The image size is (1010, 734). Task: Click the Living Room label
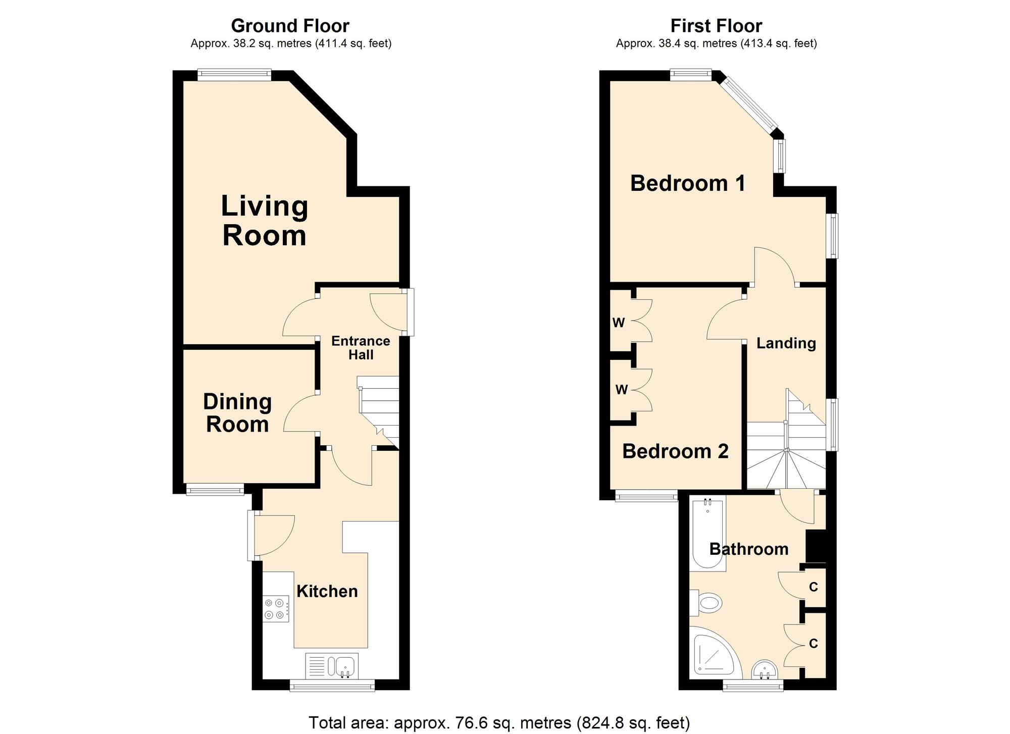tap(265, 221)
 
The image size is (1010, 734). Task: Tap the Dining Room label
tap(237, 413)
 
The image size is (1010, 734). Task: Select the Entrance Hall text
tap(361, 348)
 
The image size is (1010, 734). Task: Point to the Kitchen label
tap(327, 591)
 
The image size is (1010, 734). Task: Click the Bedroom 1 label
tap(688, 183)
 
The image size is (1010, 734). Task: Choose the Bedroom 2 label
tap(675, 451)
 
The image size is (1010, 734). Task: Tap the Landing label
tap(786, 343)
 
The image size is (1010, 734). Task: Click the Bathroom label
tap(749, 549)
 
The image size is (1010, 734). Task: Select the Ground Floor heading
tap(290, 26)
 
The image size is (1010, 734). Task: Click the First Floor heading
tap(716, 26)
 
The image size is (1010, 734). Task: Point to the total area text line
tap(499, 722)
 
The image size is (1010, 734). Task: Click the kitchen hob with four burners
tap(276, 609)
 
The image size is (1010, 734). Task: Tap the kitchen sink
tap(332, 665)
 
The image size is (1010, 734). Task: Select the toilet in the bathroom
tap(705, 603)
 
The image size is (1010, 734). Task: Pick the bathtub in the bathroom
tap(708, 533)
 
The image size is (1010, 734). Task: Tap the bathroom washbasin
tap(765, 670)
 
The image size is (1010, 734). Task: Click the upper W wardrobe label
tap(619, 323)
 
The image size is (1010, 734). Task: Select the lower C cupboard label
tap(813, 644)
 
